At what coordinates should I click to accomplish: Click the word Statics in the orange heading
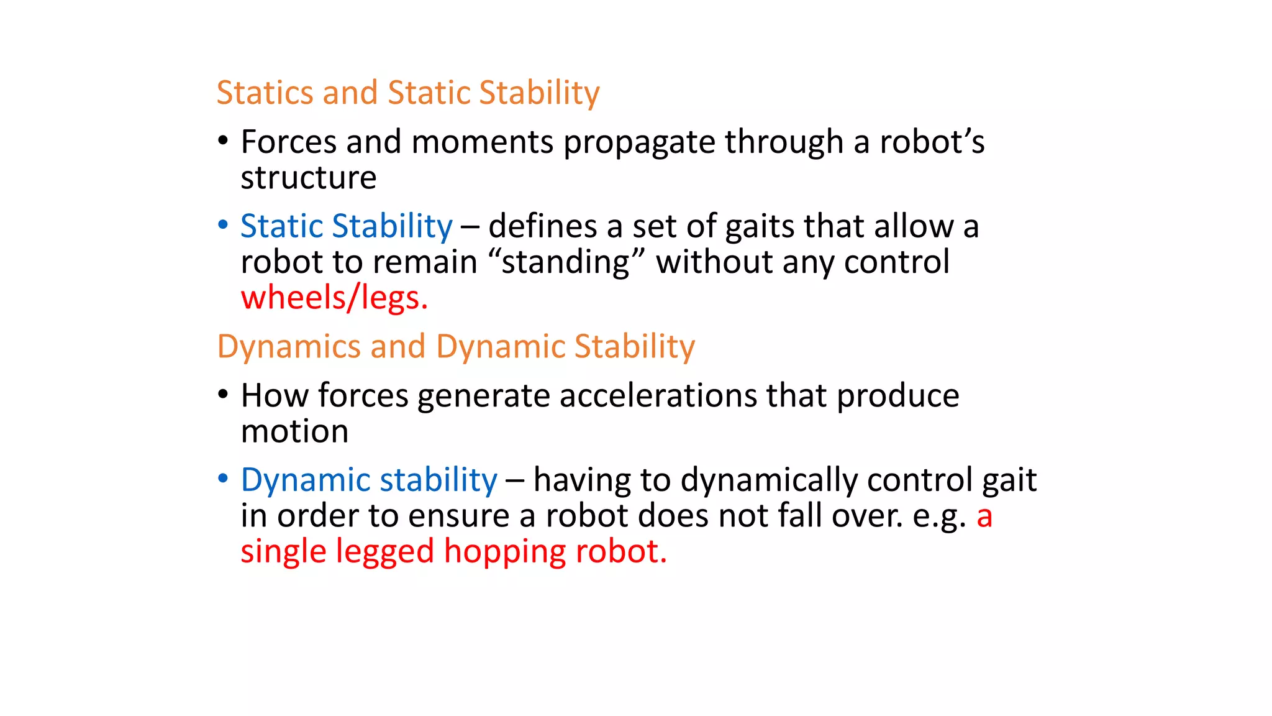[x=264, y=93]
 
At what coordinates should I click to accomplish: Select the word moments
[x=482, y=142]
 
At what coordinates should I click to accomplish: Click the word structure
[x=309, y=178]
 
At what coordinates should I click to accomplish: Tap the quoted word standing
[x=565, y=262]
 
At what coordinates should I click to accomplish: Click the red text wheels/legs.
[x=334, y=298]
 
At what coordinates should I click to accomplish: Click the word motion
[x=294, y=431]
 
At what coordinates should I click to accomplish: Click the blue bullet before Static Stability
[x=223, y=225]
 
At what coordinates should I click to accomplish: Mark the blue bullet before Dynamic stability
[x=223, y=479]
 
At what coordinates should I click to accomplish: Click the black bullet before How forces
[x=223, y=394]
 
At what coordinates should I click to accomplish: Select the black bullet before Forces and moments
[x=223, y=140]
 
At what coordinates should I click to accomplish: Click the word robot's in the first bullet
[x=932, y=142]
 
